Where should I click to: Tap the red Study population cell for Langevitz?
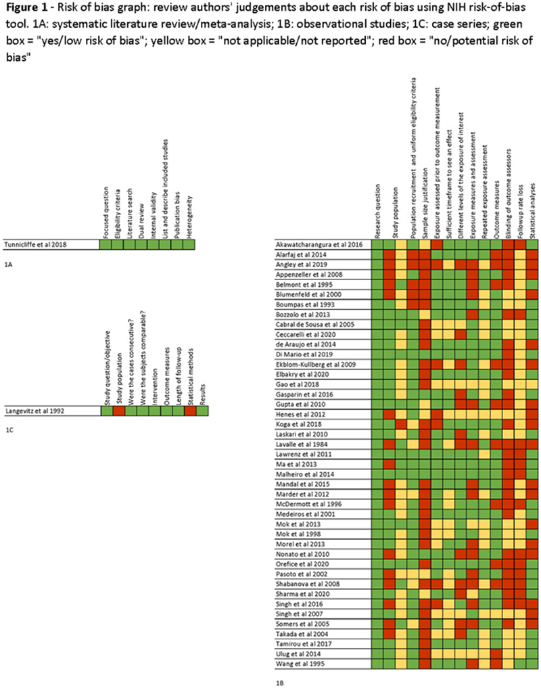point(118,410)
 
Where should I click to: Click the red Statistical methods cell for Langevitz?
point(190,410)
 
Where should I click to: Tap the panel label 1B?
point(279,683)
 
